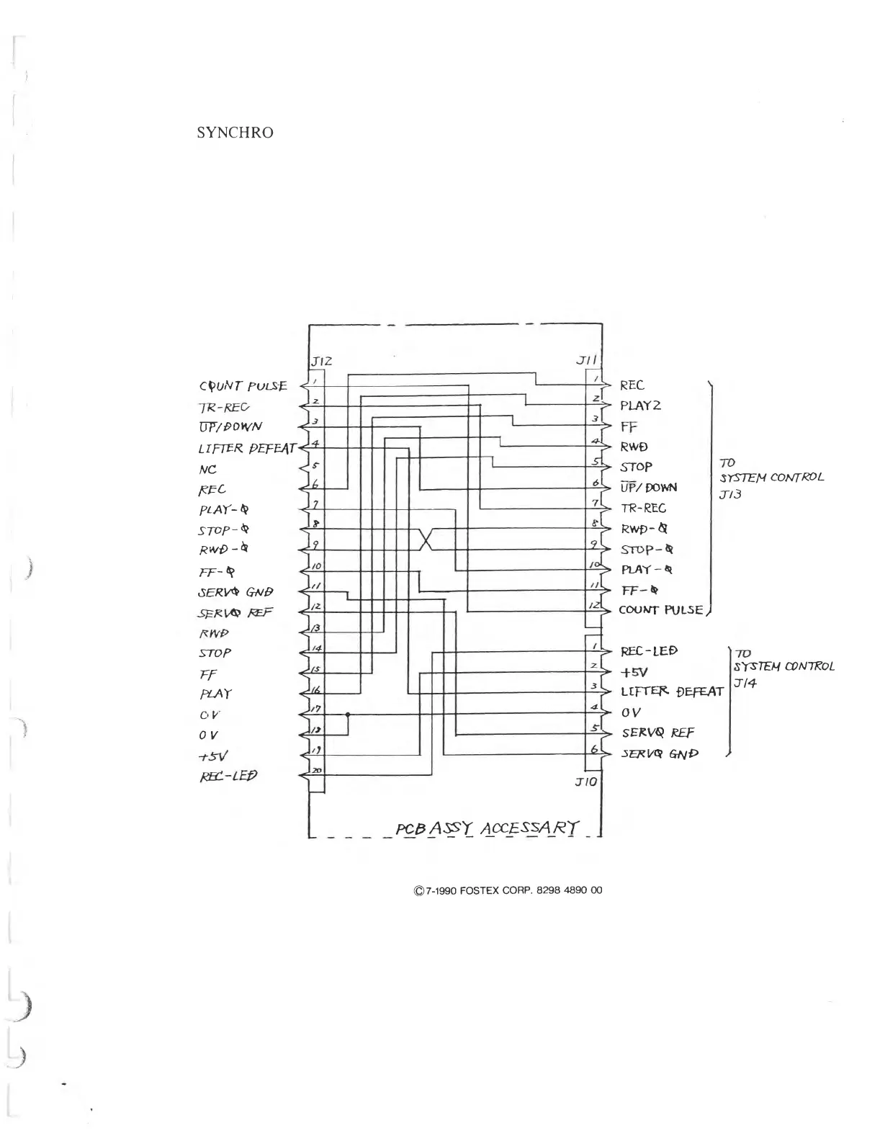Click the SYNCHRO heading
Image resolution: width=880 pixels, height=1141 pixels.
[235, 133]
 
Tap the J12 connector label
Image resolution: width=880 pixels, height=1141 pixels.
[320, 361]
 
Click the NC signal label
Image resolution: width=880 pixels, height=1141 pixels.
[207, 468]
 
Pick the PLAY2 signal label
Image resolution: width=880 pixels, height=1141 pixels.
[640, 406]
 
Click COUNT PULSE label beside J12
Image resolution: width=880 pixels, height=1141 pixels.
[243, 386]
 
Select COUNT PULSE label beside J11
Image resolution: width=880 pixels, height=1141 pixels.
[660, 610]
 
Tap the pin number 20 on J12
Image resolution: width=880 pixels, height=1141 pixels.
[316, 771]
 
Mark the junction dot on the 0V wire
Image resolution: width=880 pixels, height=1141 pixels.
[348, 715]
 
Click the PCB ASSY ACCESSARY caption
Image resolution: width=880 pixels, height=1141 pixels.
[488, 828]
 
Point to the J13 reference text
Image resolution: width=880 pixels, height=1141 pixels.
[729, 495]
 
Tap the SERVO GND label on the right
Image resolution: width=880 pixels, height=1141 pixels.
[660, 753]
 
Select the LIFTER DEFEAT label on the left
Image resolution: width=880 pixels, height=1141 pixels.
[247, 449]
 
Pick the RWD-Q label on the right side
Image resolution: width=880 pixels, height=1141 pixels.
[645, 529]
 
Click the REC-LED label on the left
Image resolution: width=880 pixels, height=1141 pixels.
[228, 777]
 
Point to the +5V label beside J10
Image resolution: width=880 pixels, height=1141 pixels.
[634, 671]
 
